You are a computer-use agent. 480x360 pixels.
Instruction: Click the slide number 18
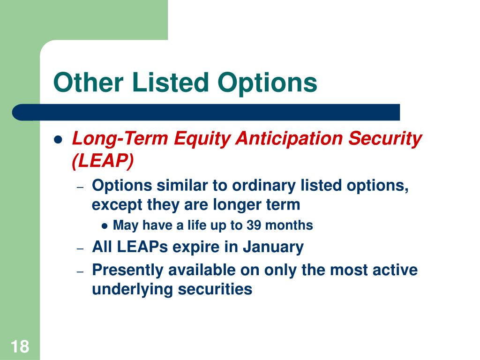[x=20, y=346]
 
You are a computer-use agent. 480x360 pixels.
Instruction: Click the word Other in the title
[x=89, y=82]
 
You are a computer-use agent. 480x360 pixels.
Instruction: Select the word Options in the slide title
[x=267, y=83]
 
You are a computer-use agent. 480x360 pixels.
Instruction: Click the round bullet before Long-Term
[x=58, y=140]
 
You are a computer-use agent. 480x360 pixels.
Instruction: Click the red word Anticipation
[x=289, y=138]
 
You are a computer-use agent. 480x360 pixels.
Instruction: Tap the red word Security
[x=385, y=139]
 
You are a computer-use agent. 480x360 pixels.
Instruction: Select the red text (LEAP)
[x=103, y=160]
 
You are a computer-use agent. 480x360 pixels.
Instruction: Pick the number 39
[x=254, y=225]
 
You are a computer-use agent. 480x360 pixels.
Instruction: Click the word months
[x=289, y=225]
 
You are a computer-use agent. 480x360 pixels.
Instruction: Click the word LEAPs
[x=142, y=247]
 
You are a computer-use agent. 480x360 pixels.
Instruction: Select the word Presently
[x=127, y=270]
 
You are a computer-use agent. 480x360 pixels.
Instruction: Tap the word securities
[x=215, y=289]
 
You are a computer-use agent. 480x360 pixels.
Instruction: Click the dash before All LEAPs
[x=80, y=248]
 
